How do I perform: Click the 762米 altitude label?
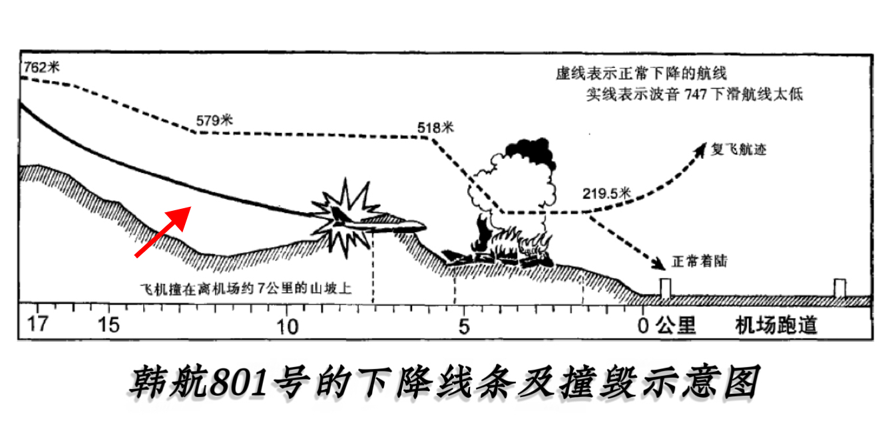point(41,67)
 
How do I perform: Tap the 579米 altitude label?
point(214,120)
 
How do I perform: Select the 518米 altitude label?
point(435,128)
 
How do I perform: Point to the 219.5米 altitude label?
point(606,193)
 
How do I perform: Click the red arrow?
point(163,231)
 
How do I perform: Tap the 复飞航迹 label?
point(739,150)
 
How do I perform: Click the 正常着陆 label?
point(700,261)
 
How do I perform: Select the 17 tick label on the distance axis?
point(37,325)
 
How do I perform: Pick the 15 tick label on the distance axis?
point(109,325)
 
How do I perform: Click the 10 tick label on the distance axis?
point(287,327)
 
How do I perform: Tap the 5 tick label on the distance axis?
point(465,327)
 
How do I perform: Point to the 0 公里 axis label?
point(666,326)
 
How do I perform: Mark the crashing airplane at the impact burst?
point(375,223)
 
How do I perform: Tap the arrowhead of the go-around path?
point(700,150)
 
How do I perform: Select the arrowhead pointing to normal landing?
point(659,263)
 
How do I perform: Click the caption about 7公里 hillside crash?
point(246,289)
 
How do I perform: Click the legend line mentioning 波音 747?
point(694,94)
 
